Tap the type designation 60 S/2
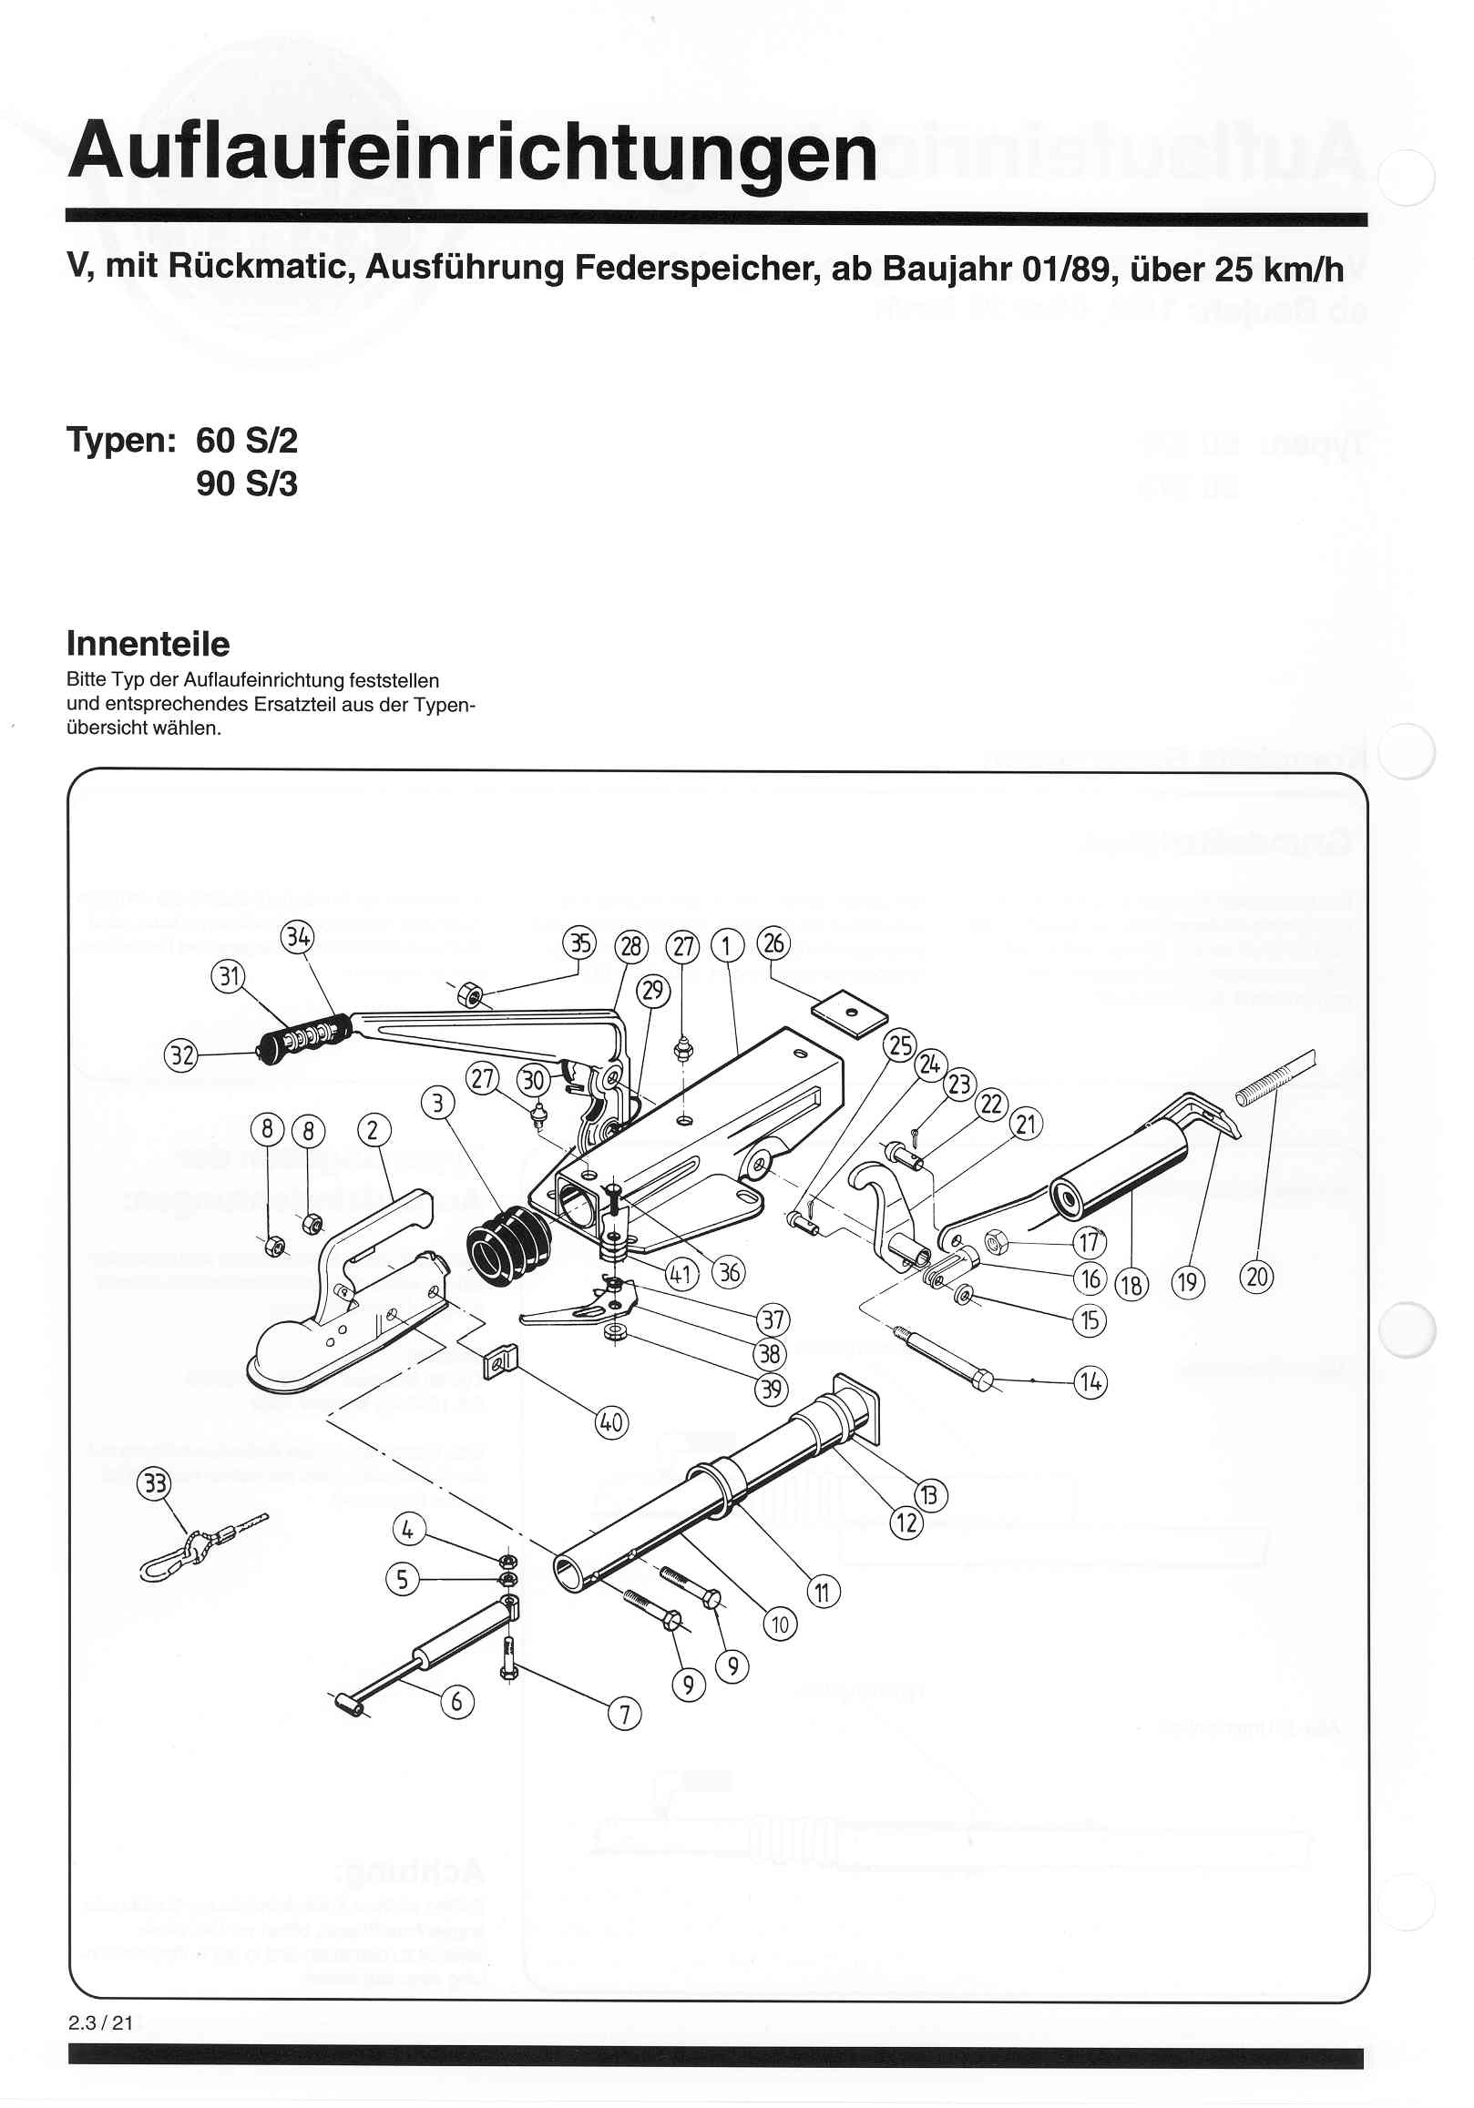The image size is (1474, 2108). coord(246,442)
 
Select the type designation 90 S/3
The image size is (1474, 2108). coord(246,484)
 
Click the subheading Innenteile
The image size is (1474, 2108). coord(148,644)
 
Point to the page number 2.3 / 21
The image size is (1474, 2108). coord(100,2022)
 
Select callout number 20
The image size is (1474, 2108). coord(1256,1277)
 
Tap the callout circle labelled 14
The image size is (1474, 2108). coord(1090,1381)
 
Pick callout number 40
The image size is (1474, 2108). coord(610,1424)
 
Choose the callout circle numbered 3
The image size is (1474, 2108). coord(437,1103)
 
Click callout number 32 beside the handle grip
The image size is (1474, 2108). coord(181,1056)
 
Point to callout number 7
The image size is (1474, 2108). coord(625,1714)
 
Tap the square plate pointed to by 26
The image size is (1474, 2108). coord(849,1013)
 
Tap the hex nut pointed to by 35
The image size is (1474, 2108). coord(470,993)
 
